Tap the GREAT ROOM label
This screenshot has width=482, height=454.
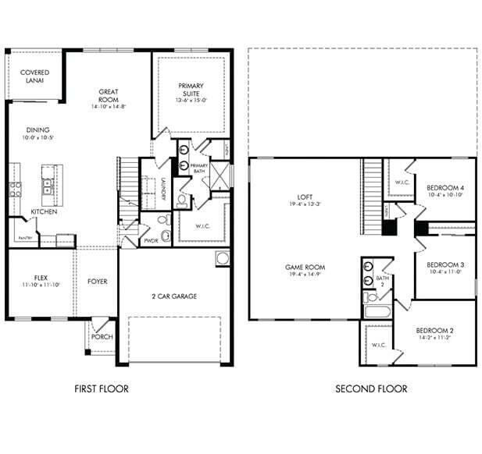coord(109,97)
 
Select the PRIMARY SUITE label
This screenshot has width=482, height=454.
coord(191,90)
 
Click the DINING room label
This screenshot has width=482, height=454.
coord(37,130)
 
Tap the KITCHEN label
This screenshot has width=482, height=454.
coord(43,211)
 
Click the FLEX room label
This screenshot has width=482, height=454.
coord(41,278)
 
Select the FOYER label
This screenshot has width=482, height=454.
coord(98,282)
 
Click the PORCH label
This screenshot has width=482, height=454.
coord(102,337)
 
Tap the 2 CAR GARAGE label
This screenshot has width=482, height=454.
coord(173,296)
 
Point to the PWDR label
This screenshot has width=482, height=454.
coord(152,242)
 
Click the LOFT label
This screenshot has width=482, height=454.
coord(305,197)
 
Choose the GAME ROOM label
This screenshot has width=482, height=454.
coord(305,268)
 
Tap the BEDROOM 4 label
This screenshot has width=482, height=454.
coord(445,188)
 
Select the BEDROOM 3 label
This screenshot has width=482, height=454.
coord(445,264)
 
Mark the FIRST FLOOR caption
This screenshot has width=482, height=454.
coord(102,388)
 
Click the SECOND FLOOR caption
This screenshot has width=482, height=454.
coord(371,388)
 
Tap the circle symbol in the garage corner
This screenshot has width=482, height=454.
coord(222,258)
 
